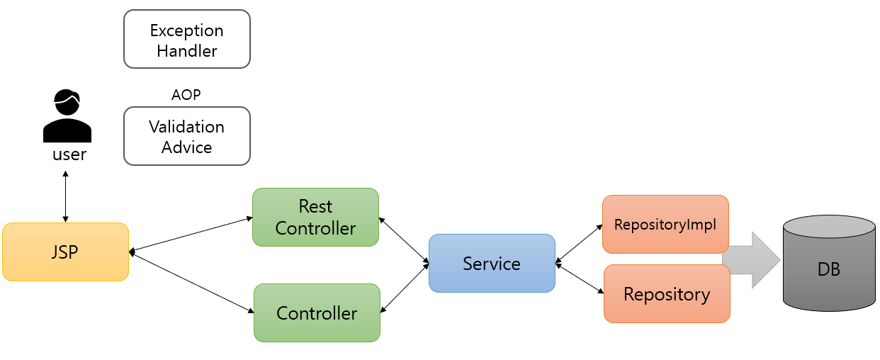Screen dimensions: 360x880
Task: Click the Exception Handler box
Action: [187, 40]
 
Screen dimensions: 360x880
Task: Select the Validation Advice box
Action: [187, 136]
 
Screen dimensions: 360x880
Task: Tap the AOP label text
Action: [186, 95]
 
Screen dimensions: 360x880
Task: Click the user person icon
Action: [67, 116]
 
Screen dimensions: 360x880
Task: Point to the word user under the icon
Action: [69, 154]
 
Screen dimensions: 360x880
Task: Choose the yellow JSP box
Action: [65, 252]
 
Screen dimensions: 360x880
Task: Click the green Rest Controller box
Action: [315, 217]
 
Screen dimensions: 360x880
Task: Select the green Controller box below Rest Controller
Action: [317, 313]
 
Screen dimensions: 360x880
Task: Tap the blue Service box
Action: [492, 264]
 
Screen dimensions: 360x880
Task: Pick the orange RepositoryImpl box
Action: [665, 225]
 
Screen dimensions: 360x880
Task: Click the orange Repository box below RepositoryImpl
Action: [667, 294]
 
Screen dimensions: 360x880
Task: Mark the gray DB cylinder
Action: [828, 264]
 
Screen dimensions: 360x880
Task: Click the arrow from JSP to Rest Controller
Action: [191, 234]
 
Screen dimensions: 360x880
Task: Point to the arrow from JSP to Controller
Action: [191, 282]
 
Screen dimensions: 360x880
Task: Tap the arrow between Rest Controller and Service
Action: [404, 242]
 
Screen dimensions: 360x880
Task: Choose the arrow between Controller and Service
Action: [405, 287]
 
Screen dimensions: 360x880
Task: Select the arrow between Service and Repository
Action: [579, 278]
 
